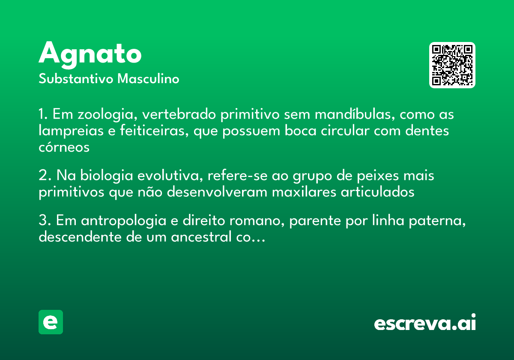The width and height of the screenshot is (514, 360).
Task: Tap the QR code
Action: click(452, 65)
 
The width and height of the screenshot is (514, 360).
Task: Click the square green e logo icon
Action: click(51, 322)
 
